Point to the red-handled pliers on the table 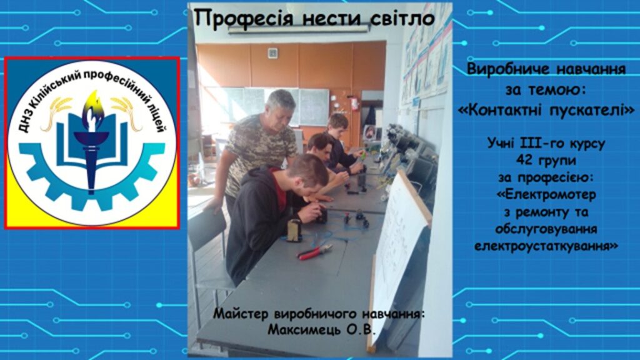click(315, 252)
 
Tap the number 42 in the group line click(523, 160)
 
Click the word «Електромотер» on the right click(547, 195)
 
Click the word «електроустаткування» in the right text click(546, 246)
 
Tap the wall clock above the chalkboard click(272, 52)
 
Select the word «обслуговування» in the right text click(546, 229)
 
